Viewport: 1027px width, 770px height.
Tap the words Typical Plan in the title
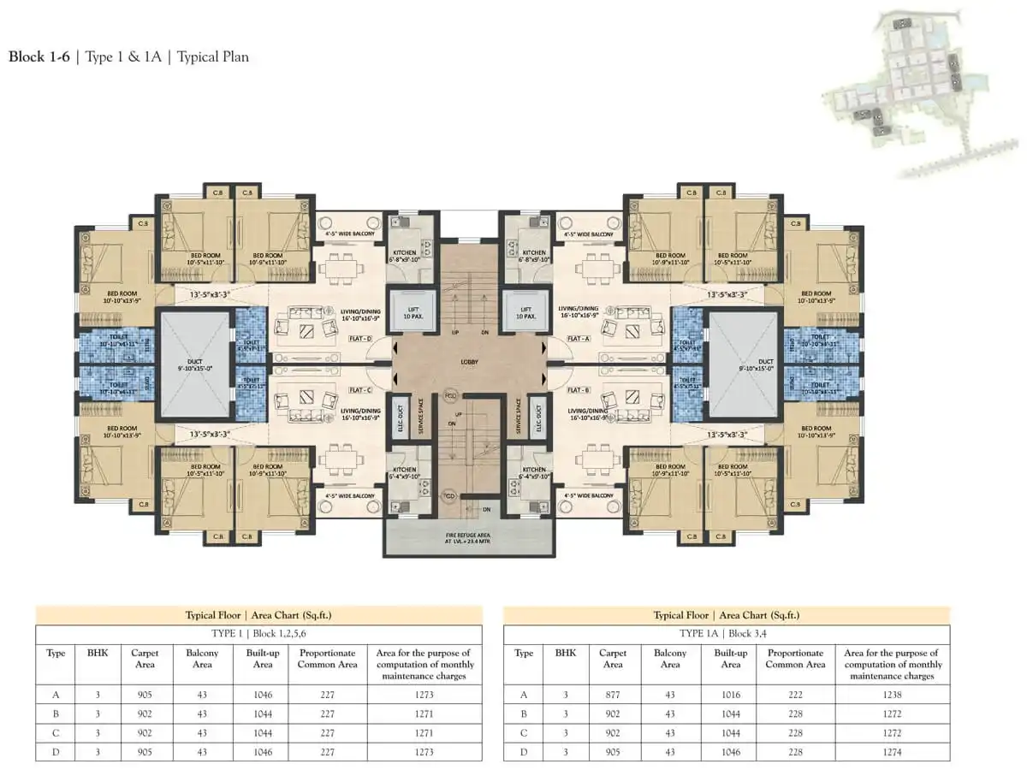(x=212, y=57)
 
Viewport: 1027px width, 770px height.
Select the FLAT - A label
(x=579, y=339)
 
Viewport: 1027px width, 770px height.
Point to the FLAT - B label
(x=579, y=390)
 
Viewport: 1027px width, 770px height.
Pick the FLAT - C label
(x=359, y=390)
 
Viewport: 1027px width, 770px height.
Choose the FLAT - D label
(x=359, y=339)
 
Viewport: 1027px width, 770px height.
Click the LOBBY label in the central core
(x=468, y=362)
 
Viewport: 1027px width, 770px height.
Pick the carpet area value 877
(x=613, y=695)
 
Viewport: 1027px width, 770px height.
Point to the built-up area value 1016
(x=730, y=695)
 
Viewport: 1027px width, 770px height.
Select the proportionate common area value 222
(x=795, y=695)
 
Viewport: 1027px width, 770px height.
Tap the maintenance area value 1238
(x=892, y=695)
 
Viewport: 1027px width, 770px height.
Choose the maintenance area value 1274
(x=892, y=752)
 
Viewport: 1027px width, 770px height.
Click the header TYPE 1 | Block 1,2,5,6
(x=258, y=634)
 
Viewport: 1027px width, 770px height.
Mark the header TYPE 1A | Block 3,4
(x=726, y=634)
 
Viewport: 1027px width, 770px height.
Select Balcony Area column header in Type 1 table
(x=202, y=659)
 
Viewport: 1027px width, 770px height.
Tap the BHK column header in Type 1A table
(x=565, y=653)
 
